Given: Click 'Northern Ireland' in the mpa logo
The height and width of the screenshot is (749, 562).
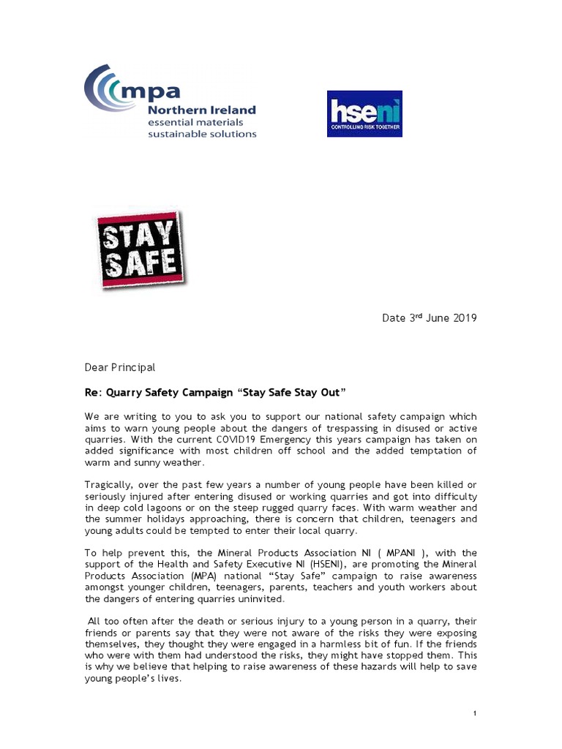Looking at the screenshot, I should pyautogui.click(x=202, y=110).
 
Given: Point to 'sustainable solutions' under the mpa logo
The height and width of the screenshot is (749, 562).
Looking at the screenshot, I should pyautogui.click(x=202, y=134).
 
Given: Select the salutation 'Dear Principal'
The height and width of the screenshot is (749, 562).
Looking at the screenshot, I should pyautogui.click(x=120, y=367).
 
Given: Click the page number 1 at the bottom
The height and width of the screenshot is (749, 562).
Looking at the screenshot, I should pyautogui.click(x=475, y=713).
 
